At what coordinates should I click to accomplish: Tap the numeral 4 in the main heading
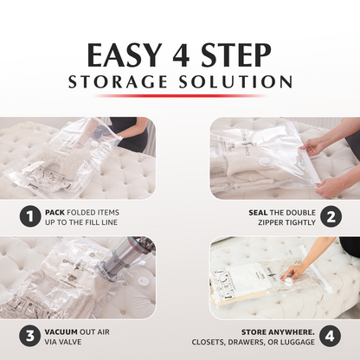pyautogui.click(x=181, y=55)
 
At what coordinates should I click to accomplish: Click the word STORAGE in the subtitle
pyautogui.click(x=118, y=81)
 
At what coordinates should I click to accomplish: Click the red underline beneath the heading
pyautogui.click(x=179, y=96)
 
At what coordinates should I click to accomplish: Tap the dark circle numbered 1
pyautogui.click(x=30, y=216)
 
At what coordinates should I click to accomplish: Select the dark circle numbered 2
pyautogui.click(x=331, y=216)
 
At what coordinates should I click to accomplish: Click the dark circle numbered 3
pyautogui.click(x=30, y=337)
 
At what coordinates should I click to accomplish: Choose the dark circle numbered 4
pyautogui.click(x=331, y=337)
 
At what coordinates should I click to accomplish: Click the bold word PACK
pyautogui.click(x=55, y=213)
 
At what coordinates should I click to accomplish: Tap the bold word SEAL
pyautogui.click(x=258, y=213)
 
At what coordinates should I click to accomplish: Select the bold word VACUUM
pyautogui.click(x=61, y=332)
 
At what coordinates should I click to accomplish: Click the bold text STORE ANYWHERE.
pyautogui.click(x=278, y=332)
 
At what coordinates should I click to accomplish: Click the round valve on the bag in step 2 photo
pyautogui.click(x=264, y=162)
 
